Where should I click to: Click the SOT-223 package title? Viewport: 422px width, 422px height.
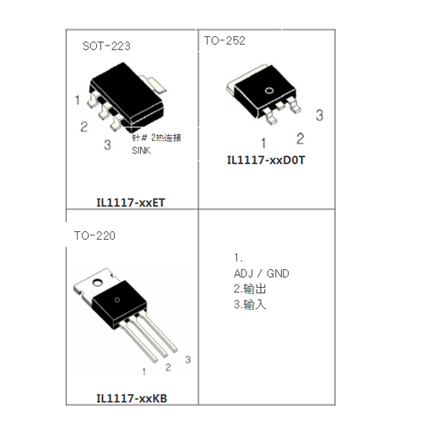[106, 46]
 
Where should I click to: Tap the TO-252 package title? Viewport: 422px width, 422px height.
[225, 41]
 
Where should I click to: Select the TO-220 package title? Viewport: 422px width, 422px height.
[95, 235]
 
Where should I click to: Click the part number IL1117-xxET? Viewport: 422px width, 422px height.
[131, 203]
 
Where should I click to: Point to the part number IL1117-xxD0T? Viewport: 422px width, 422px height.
[266, 160]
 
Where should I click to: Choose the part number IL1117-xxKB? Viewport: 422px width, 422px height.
[132, 398]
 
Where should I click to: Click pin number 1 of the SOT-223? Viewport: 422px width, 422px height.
[78, 100]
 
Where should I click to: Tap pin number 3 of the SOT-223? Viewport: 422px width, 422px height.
[107, 145]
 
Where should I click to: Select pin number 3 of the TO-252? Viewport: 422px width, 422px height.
[319, 116]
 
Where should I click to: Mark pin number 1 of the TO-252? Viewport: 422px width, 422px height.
[263, 143]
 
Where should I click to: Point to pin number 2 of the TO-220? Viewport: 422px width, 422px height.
[168, 367]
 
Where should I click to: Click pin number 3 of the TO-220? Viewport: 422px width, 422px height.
[188, 360]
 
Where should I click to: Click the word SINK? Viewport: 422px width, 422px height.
[141, 150]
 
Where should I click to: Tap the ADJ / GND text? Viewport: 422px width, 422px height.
[262, 273]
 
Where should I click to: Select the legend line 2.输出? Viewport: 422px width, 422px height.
[250, 289]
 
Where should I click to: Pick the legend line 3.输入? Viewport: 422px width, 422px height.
[250, 305]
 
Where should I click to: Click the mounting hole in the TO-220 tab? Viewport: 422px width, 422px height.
[98, 282]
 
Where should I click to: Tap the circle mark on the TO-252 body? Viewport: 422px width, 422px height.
[269, 90]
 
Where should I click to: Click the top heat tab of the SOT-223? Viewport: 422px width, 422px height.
[154, 84]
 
